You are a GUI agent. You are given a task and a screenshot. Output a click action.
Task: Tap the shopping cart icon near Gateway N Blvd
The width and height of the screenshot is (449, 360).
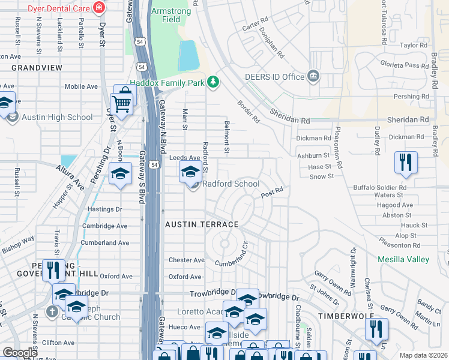[x=122, y=103]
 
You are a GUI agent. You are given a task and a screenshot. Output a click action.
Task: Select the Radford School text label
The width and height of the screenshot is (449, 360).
[x=231, y=184]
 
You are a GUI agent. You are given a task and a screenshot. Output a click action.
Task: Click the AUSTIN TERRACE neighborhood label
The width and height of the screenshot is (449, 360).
[x=202, y=224]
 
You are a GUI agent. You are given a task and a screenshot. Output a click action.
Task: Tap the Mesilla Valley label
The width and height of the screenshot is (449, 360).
[x=403, y=259]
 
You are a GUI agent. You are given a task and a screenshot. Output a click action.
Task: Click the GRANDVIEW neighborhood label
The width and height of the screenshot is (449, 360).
[x=36, y=68]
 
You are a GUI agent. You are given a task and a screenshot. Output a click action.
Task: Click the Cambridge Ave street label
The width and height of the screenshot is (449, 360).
[x=106, y=226]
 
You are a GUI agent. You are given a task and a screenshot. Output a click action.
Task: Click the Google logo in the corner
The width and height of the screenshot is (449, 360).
[x=20, y=353]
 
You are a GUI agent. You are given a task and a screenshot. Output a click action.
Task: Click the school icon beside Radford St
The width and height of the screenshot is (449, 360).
[x=190, y=172]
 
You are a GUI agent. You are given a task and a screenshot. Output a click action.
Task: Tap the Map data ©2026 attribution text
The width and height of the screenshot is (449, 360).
[x=423, y=355]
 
